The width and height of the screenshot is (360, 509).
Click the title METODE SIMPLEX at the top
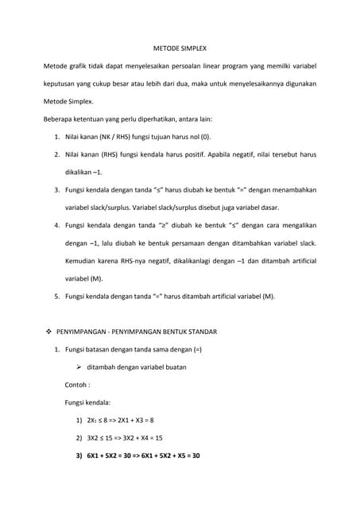coord(180,47)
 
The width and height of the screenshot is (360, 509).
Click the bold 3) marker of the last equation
coord(79,456)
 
